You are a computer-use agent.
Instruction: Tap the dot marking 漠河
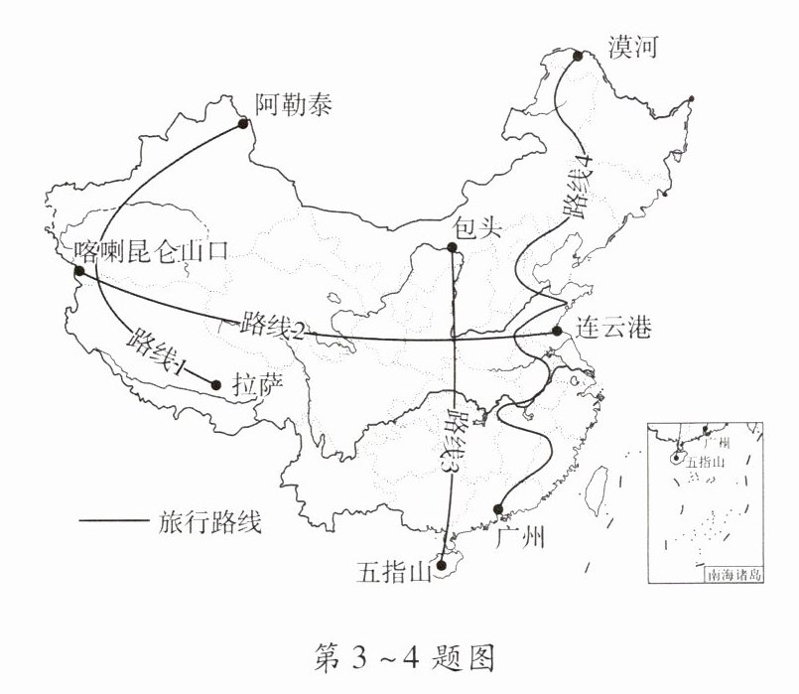(x=576, y=56)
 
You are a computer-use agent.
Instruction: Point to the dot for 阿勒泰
(x=242, y=123)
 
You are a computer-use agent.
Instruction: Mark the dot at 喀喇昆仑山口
(x=78, y=271)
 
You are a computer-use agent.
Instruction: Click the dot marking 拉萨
(x=215, y=384)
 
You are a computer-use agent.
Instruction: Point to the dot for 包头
(x=452, y=251)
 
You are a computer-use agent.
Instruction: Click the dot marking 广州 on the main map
(x=498, y=509)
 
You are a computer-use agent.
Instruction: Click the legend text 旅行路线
(x=209, y=522)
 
